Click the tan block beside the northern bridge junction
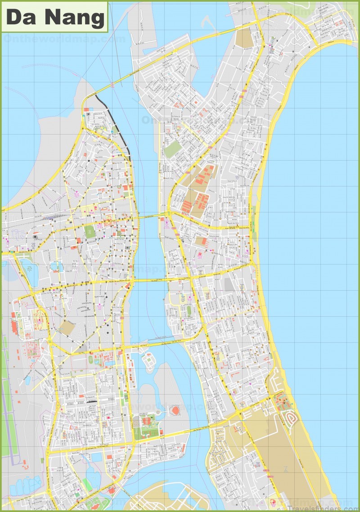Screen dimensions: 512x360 pos(244,39)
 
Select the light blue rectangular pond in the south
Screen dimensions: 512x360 pos(97,458)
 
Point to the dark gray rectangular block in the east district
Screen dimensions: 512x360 pos(229,283)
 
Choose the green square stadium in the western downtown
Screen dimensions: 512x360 pos(90,232)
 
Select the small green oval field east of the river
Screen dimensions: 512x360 pos(189,310)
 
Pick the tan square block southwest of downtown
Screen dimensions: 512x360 pos(67,328)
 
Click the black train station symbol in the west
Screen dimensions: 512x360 pos(35,236)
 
